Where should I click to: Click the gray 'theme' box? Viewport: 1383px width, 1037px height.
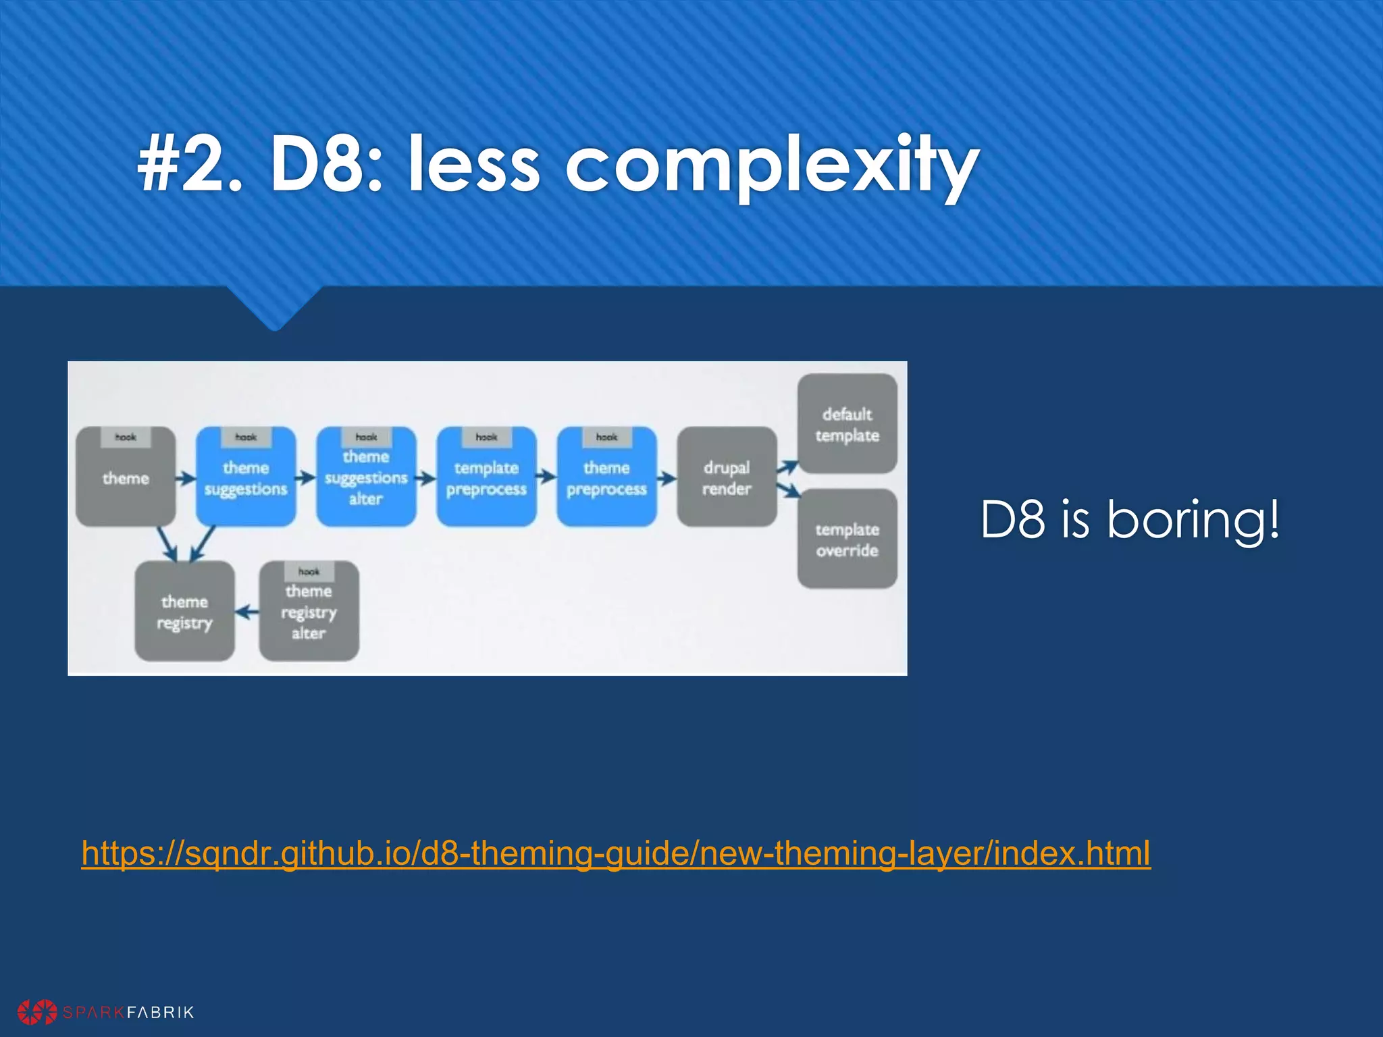point(126,477)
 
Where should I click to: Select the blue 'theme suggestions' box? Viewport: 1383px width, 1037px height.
point(246,477)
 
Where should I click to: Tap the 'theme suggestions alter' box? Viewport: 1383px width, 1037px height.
point(366,477)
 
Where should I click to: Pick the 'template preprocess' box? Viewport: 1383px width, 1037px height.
point(486,477)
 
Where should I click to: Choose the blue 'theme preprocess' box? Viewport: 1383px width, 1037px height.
point(606,477)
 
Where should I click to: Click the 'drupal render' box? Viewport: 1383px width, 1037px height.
point(727,477)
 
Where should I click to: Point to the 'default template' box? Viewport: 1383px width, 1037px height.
point(847,424)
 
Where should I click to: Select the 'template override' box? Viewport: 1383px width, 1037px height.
point(847,539)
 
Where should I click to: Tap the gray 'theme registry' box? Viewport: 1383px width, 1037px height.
point(184,611)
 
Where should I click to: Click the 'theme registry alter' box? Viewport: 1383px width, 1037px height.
point(309,611)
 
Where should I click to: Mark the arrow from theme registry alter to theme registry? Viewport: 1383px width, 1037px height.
point(247,612)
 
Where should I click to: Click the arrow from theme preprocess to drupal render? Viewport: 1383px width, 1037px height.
point(667,479)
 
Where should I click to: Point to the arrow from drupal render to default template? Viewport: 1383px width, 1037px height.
point(787,467)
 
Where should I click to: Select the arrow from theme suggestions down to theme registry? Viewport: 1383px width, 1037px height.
point(202,544)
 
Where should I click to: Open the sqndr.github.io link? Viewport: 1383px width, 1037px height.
point(616,853)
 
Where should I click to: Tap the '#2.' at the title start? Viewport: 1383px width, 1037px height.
point(189,165)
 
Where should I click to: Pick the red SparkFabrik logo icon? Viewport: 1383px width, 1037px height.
point(37,1012)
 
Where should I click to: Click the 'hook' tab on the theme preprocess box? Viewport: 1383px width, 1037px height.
point(606,437)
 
